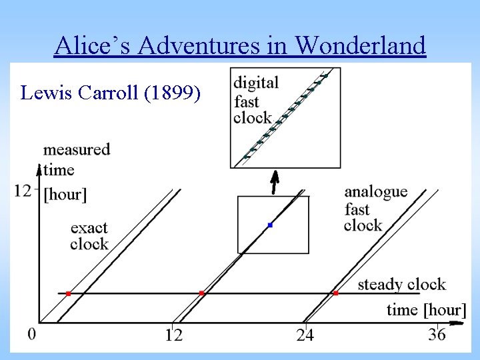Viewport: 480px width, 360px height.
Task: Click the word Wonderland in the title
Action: pyautogui.click(x=360, y=45)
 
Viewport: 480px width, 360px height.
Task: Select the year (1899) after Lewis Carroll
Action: pyautogui.click(x=172, y=93)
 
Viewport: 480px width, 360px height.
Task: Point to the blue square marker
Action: pyautogui.click(x=270, y=225)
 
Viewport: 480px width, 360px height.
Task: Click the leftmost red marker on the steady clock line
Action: pyautogui.click(x=68, y=293)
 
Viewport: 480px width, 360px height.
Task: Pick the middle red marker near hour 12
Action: pyautogui.click(x=202, y=293)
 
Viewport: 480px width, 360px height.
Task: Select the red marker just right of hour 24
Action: pyautogui.click(x=335, y=293)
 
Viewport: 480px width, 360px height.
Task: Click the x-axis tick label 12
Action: pyautogui.click(x=174, y=335)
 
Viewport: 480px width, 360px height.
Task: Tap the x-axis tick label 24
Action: pyautogui.click(x=305, y=335)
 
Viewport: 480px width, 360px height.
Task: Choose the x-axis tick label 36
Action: pyautogui.click(x=437, y=335)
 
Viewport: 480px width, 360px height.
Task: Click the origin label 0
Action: pyautogui.click(x=32, y=333)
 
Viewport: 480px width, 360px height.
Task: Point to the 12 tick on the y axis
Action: pyautogui.click(x=23, y=191)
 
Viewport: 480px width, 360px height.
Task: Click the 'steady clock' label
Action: pyautogui.click(x=401, y=285)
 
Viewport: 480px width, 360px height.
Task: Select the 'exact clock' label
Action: pyautogui.click(x=89, y=236)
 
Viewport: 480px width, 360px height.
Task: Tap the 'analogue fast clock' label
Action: pyautogui.click(x=375, y=208)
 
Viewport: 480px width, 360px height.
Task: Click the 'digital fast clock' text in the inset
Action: pyautogui.click(x=256, y=101)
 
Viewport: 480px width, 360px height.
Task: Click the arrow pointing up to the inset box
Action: pyautogui.click(x=274, y=181)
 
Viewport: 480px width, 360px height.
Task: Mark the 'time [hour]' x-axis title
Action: pyautogui.click(x=426, y=309)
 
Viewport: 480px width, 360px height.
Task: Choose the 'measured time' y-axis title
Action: pyautogui.click(x=76, y=158)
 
